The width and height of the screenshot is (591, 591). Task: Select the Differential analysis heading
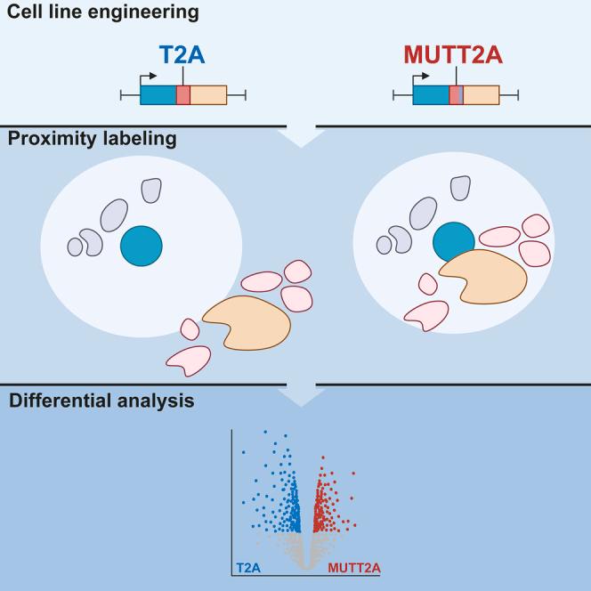101,401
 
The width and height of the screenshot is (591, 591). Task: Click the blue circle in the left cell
142,246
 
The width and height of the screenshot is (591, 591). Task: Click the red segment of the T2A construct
183,95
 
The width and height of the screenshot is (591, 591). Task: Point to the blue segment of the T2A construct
158,95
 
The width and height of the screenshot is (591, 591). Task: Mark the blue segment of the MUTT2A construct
431,95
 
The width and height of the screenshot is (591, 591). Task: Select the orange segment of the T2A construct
208,95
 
